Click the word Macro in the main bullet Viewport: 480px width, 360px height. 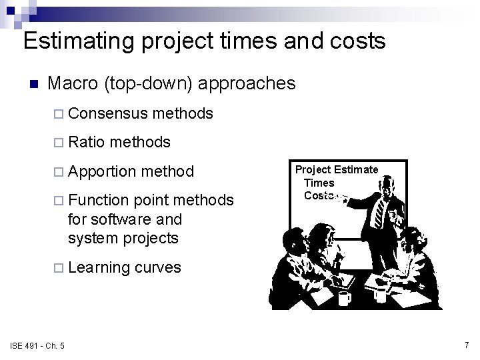[x=73, y=83]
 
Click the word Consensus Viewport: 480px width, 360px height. [x=107, y=114]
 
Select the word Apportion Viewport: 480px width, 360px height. [x=103, y=171]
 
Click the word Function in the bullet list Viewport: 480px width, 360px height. [x=98, y=200]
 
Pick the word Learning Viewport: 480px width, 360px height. [x=99, y=267]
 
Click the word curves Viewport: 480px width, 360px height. [x=157, y=267]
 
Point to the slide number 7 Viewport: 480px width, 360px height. [x=466, y=345]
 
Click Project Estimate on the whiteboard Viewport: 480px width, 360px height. [x=337, y=170]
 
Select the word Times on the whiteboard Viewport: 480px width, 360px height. [x=319, y=183]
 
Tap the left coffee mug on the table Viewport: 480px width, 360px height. [x=344, y=297]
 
